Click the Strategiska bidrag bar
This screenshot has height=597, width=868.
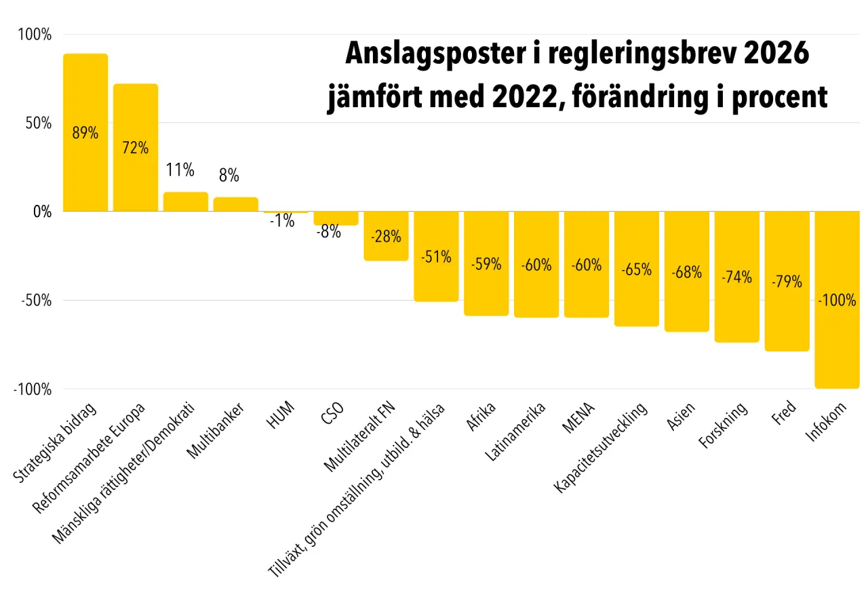click(x=85, y=170)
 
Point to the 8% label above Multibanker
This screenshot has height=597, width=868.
click(x=229, y=176)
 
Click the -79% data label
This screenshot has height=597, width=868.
click(x=787, y=281)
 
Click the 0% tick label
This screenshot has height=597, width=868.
click(x=39, y=212)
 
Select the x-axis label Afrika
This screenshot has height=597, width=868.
click(x=481, y=417)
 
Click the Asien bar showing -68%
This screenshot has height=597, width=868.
click(x=687, y=298)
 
